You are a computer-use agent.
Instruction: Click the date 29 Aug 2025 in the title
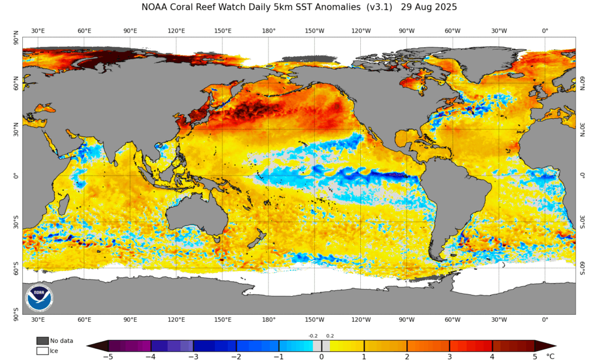[x=429, y=8]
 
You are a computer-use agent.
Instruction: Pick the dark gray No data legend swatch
[x=43, y=341]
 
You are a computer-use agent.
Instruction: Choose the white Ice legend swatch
[x=43, y=351]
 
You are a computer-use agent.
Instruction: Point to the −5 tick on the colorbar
[x=108, y=356]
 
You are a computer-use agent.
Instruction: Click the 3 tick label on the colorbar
[x=450, y=356]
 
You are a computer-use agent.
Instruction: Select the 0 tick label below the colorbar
[x=322, y=356]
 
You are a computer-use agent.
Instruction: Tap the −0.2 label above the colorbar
[x=313, y=336]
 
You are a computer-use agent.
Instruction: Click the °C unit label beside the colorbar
[x=550, y=356]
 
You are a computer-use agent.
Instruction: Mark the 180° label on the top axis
[x=269, y=30]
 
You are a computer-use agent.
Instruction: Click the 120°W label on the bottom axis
[x=361, y=320]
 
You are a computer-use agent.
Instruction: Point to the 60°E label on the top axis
[x=84, y=30]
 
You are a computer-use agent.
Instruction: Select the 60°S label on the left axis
[x=16, y=269]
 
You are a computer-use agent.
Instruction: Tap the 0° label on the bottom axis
[x=545, y=320]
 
